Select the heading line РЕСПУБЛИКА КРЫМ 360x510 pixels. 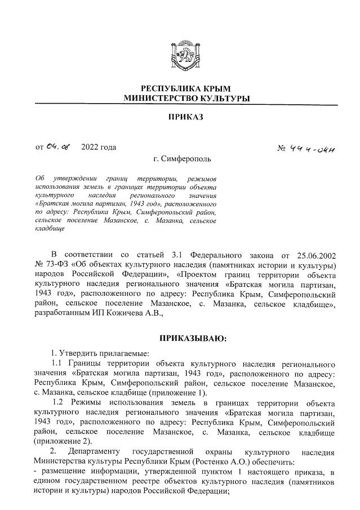(x=185, y=89)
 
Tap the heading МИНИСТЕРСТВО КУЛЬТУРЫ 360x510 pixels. (x=186, y=99)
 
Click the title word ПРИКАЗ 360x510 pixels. (x=186, y=117)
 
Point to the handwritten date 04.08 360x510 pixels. (x=59, y=148)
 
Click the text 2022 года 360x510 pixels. (x=99, y=148)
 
